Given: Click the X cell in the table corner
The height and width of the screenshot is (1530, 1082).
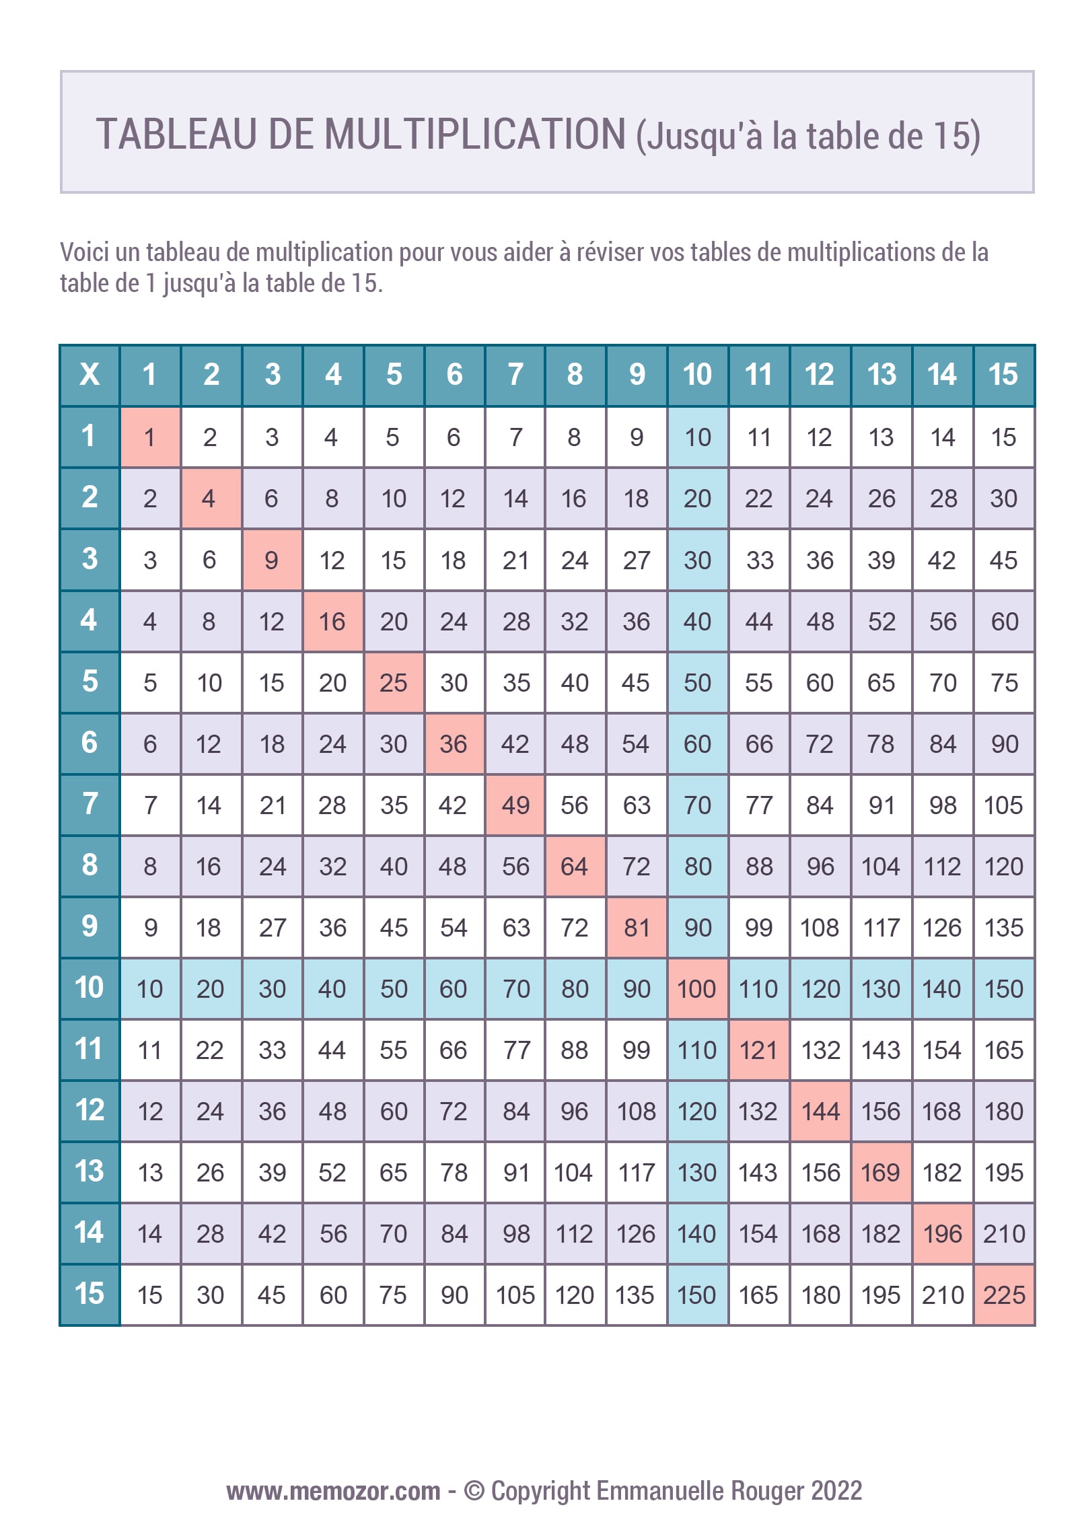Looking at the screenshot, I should coord(89,375).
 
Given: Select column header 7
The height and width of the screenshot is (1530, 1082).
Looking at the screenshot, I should coord(515,375).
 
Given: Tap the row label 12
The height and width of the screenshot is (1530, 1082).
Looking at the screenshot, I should coord(89,1110).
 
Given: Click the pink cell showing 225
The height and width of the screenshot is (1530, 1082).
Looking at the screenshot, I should coord(1004,1295).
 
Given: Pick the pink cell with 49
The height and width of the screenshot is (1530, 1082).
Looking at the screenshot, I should coord(515,805).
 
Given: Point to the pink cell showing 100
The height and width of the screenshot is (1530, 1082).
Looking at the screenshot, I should coord(697,988).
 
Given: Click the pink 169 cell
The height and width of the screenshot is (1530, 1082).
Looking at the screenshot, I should coord(881,1172).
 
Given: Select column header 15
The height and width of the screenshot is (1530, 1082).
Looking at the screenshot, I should coord(1003,375).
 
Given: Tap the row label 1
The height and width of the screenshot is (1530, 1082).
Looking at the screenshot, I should coord(89,436).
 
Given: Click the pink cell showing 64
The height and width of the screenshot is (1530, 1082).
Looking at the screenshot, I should coord(575,866).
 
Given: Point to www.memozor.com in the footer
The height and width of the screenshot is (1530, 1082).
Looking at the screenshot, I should coord(333,1491).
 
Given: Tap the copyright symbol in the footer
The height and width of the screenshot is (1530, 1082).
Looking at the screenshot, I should coord(474,1491).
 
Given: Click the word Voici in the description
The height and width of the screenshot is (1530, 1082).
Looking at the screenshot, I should coord(84,252).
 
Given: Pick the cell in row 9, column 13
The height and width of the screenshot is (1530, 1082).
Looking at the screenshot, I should coord(881,927).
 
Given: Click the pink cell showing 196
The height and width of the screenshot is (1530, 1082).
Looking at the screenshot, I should coord(942,1233).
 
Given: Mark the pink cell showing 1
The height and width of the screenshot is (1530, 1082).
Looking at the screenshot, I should coord(149,437).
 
